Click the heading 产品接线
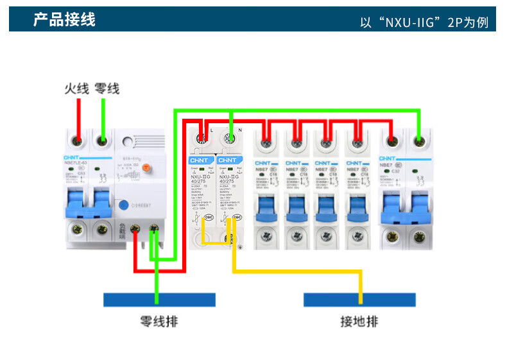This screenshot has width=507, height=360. click(64, 20)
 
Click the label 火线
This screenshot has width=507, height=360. click(76, 89)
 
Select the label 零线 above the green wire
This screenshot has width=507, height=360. click(107, 89)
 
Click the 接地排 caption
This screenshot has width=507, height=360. click(359, 321)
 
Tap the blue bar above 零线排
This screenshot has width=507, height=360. click(159, 299)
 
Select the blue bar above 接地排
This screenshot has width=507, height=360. click(359, 299)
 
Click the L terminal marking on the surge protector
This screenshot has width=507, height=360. click(211, 130)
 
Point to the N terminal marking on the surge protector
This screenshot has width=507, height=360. click(239, 130)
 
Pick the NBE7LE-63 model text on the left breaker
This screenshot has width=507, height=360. click(76, 163)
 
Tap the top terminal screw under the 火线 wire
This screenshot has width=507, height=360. click(78, 140)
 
